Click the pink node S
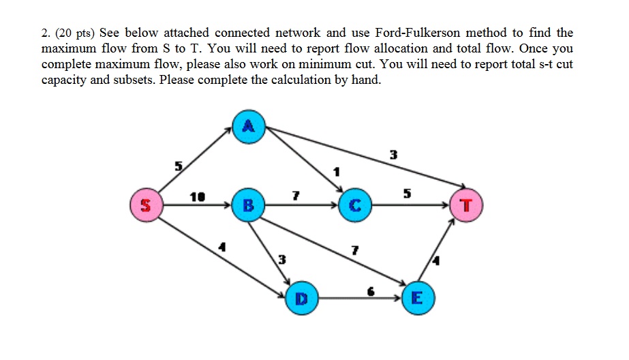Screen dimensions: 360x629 [146, 205]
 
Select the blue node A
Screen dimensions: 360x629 [249, 126]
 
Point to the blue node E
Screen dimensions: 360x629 [416, 298]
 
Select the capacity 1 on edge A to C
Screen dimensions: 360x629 [335, 170]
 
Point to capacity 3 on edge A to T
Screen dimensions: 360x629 [392, 155]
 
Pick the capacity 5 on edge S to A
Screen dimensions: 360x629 [179, 166]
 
